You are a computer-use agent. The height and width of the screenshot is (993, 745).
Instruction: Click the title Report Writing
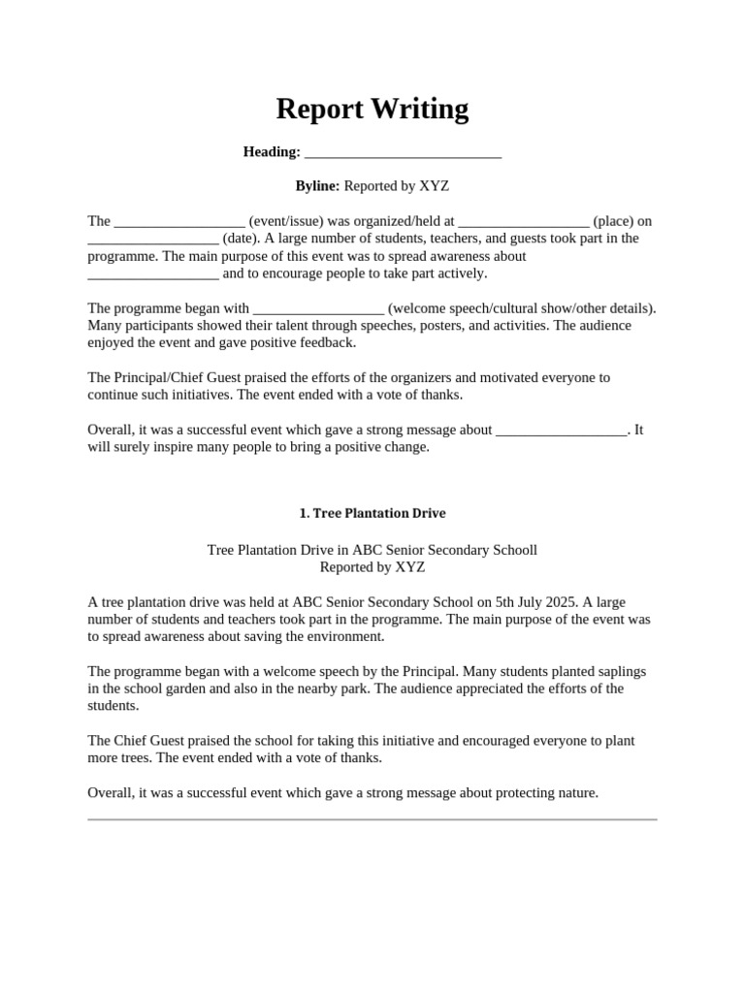pyautogui.click(x=372, y=109)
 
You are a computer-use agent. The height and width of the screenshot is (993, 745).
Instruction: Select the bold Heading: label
pyautogui.click(x=272, y=151)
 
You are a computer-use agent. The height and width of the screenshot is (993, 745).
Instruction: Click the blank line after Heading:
pyautogui.click(x=403, y=153)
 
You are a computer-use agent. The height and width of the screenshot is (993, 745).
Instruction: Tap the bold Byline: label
pyautogui.click(x=317, y=185)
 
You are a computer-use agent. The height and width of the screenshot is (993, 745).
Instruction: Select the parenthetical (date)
pyautogui.click(x=240, y=239)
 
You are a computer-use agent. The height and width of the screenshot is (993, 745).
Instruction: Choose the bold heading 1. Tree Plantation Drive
pyautogui.click(x=372, y=513)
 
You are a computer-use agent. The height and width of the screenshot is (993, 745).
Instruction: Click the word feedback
pyautogui.click(x=328, y=342)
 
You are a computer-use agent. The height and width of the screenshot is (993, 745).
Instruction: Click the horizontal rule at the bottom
pyautogui.click(x=372, y=819)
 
